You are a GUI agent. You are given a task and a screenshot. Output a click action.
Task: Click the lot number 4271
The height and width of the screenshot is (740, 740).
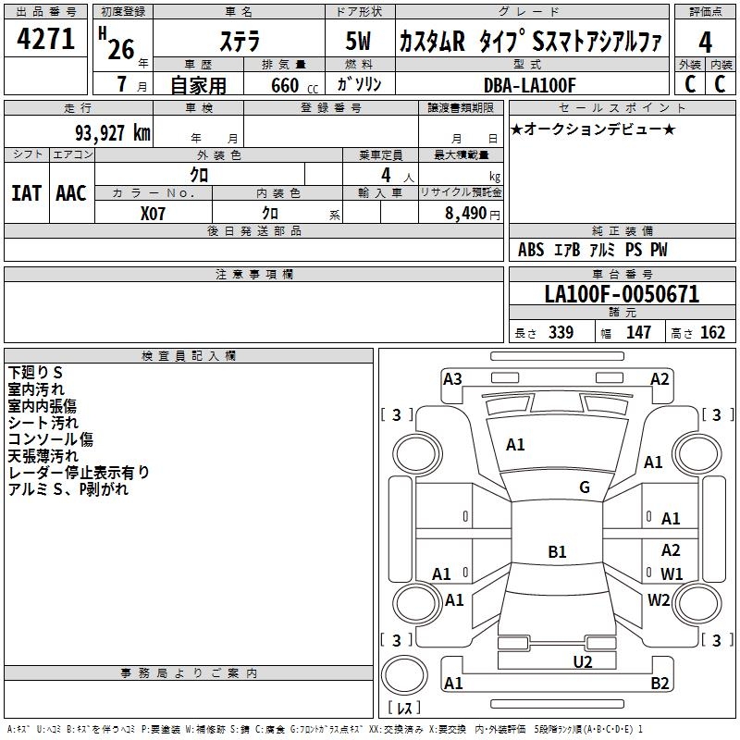pos(45,40)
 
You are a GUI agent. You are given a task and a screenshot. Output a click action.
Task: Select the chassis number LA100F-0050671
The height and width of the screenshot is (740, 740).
pos(622,294)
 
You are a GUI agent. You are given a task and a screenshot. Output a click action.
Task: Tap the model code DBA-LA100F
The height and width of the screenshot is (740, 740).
pos(530,85)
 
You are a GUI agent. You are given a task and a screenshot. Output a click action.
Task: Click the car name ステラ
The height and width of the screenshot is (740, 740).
pos(240,42)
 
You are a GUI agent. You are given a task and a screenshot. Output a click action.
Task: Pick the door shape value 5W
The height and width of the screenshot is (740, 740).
pos(360,42)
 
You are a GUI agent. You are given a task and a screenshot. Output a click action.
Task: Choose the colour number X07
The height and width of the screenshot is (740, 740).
pos(154,213)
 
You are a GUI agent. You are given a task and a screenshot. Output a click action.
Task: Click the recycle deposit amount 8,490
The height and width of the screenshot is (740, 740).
pos(467,213)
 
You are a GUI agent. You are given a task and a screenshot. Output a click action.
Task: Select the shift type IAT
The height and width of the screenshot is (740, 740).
pos(26,192)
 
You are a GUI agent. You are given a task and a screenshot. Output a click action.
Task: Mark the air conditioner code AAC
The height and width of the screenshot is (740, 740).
pos(70,192)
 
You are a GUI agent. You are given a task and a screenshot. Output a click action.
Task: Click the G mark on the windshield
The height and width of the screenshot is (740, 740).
pos(584,487)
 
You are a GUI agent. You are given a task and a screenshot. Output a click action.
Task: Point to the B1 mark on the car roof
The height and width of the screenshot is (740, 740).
pos(557,552)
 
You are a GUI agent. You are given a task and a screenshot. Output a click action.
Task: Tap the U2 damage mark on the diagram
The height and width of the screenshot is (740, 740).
pos(582,660)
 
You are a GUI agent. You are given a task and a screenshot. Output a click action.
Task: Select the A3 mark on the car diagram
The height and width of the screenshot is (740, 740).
pos(452,378)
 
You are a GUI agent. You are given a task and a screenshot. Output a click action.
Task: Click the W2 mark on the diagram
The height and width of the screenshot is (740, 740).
pos(659,599)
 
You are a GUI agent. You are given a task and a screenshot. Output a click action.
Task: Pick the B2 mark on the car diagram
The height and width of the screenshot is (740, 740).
pos(660,684)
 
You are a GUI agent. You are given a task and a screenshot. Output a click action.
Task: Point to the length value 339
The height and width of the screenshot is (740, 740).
pos(561,333)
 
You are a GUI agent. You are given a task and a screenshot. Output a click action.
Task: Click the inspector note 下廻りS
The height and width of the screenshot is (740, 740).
pos(35,373)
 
